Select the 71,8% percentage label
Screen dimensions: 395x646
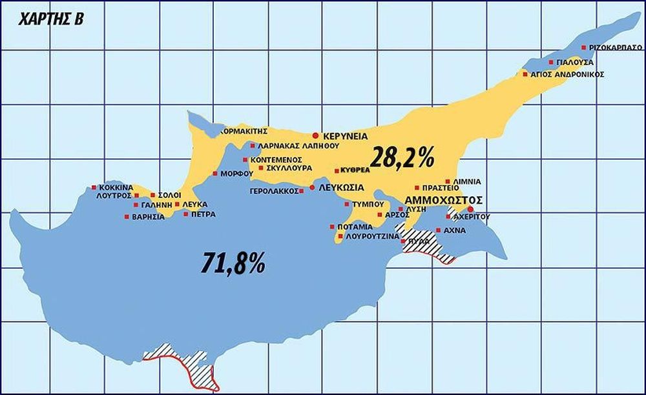click(233, 263)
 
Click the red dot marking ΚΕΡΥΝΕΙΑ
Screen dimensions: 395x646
click(315, 136)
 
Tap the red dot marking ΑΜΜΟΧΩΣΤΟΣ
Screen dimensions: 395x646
click(470, 210)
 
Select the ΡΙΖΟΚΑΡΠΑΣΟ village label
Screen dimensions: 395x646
click(616, 48)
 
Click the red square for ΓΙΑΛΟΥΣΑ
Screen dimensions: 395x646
click(551, 63)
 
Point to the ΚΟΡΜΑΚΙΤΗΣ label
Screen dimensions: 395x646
click(244, 130)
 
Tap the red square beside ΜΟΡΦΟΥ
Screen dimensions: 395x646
click(214, 174)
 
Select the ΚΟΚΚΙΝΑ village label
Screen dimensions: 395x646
click(116, 187)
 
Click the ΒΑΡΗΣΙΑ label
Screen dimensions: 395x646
click(148, 216)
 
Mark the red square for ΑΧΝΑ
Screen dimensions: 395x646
click(439, 230)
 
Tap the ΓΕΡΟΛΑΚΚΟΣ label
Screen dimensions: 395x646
click(273, 191)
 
